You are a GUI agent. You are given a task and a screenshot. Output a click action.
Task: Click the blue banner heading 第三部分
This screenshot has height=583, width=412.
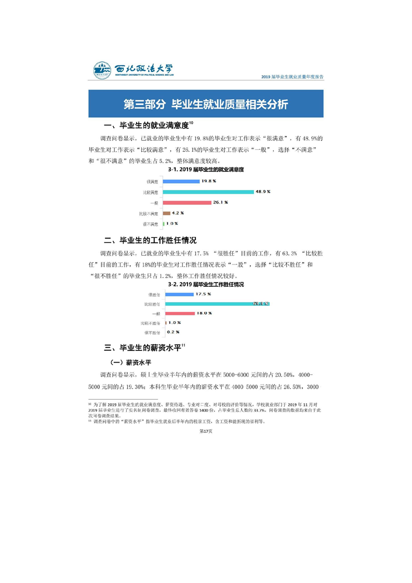click(x=206, y=103)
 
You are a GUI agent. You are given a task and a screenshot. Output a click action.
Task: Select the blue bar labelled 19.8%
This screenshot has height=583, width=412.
click(x=181, y=181)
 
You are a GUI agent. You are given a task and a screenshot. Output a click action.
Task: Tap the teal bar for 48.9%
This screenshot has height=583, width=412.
click(x=208, y=192)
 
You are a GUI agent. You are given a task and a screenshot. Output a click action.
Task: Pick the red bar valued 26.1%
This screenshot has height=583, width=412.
click(x=187, y=203)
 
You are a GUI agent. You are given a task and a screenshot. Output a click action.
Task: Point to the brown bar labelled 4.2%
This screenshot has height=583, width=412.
click(x=167, y=213)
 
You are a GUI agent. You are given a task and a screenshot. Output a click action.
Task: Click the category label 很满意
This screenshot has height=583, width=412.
click(x=152, y=181)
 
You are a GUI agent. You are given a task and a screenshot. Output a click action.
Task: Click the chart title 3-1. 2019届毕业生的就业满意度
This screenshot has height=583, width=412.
click(x=206, y=169)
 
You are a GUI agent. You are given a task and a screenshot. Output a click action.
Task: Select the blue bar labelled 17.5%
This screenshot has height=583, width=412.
click(x=179, y=295)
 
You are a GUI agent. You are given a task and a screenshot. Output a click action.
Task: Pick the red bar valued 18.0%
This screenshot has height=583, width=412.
click(x=179, y=313)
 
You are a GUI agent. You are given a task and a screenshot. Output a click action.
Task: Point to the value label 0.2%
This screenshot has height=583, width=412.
click(x=174, y=332)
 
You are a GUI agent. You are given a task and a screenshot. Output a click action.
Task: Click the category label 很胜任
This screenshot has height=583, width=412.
click(x=154, y=295)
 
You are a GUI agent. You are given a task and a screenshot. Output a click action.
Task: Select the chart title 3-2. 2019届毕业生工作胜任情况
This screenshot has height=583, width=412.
click(x=206, y=285)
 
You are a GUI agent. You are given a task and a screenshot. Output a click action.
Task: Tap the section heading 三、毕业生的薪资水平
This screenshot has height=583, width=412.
click(x=144, y=348)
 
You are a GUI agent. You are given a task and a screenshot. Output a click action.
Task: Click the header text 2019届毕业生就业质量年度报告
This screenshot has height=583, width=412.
click(x=294, y=76)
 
